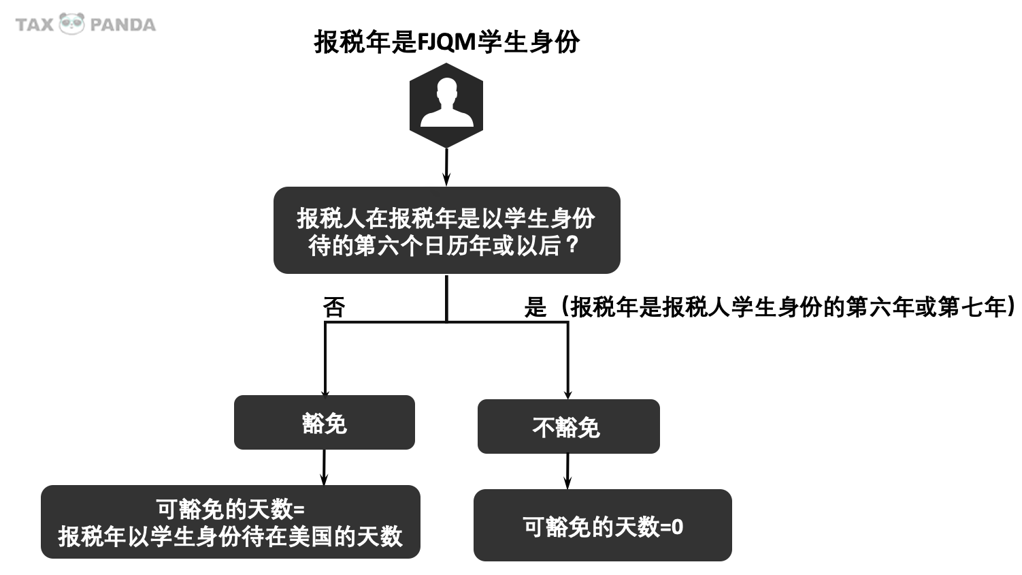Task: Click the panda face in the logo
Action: click(x=71, y=24)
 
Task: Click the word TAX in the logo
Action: click(x=34, y=25)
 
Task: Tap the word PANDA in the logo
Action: click(x=122, y=25)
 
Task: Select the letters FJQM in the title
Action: click(x=446, y=42)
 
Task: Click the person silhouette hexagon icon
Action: click(x=446, y=106)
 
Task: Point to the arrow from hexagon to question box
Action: click(x=446, y=166)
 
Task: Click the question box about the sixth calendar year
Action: click(x=446, y=230)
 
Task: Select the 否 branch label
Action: click(x=334, y=307)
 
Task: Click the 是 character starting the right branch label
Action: click(x=535, y=307)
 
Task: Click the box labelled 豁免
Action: click(x=325, y=422)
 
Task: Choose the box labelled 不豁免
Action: click(x=568, y=426)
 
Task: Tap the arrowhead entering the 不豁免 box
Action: click(x=568, y=395)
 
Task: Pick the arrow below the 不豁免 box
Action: click(x=567, y=471)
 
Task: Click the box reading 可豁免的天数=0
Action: click(x=602, y=525)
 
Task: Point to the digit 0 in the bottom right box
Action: click(x=677, y=527)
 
